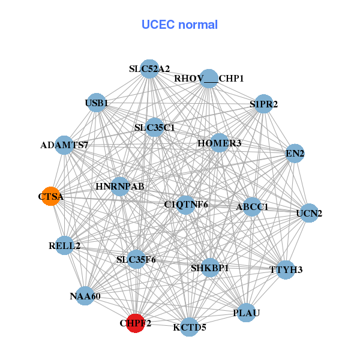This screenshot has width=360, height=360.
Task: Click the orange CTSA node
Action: [51, 196]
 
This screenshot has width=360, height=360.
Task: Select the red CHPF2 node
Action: [135, 323]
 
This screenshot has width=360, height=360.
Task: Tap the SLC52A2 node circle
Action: [150, 68]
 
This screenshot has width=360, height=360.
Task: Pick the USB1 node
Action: [97, 103]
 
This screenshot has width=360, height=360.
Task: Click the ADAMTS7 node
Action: [64, 145]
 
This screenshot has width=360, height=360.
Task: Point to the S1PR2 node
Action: [264, 104]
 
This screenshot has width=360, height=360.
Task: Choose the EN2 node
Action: [295, 154]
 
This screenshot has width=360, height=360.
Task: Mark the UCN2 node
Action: [309, 213]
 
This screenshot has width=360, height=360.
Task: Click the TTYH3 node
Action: [286, 269]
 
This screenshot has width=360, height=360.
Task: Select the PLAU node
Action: [247, 313]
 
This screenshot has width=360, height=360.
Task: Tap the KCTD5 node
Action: [190, 327]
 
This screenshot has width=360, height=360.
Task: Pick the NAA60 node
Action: [85, 296]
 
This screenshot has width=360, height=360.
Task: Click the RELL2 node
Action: [65, 245]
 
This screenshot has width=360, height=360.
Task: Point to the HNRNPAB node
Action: [120, 186]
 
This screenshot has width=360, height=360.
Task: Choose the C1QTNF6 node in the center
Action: [186, 205]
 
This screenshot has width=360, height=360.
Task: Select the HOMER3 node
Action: [220, 143]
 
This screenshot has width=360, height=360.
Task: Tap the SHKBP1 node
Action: [209, 268]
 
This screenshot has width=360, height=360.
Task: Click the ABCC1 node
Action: [252, 206]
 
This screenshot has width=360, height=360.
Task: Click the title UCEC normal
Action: [179, 25]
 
